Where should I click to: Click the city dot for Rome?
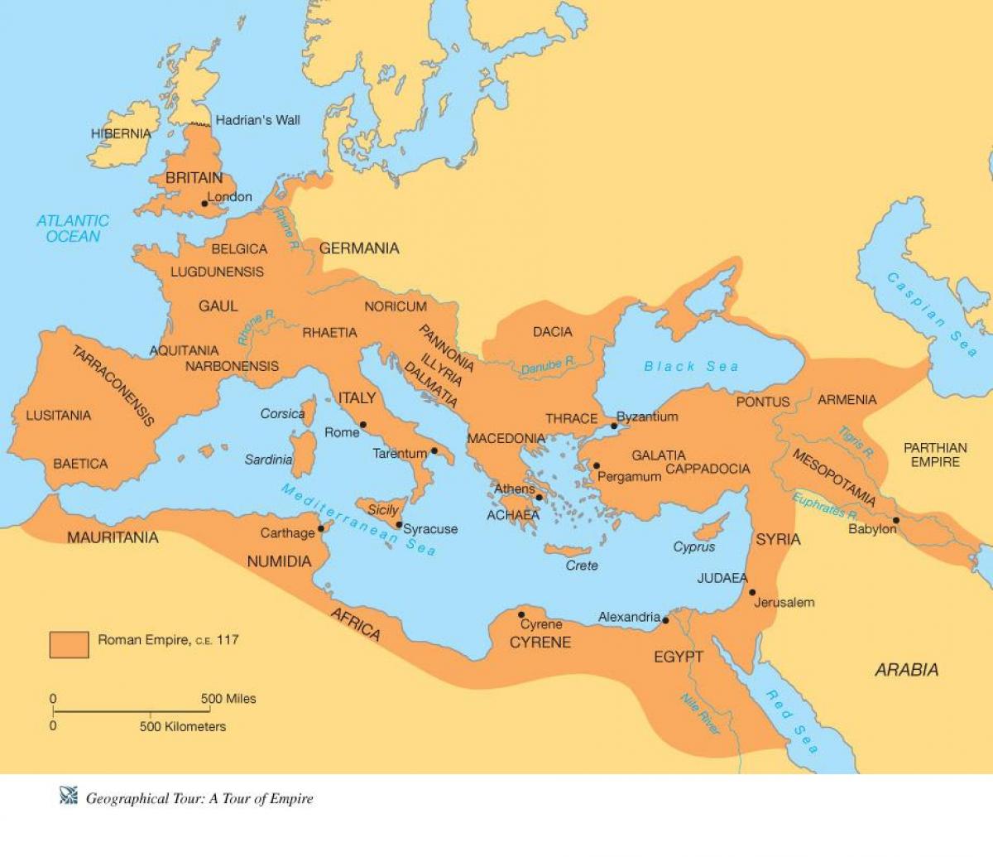(x=363, y=425)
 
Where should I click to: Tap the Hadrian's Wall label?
(x=257, y=120)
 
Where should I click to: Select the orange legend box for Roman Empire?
(x=69, y=644)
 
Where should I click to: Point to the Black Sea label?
(x=691, y=366)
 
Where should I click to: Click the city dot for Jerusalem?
(x=752, y=592)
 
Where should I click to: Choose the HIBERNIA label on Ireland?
(x=121, y=133)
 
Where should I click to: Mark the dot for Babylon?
(x=896, y=520)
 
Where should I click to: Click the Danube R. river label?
(x=548, y=366)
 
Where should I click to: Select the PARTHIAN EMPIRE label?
(x=935, y=455)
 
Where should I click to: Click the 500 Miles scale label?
(x=228, y=698)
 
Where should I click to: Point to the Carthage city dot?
(x=321, y=527)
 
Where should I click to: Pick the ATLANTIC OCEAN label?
(x=73, y=229)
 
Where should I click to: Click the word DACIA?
(x=552, y=332)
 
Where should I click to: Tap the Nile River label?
(x=700, y=713)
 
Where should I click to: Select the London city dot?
(x=204, y=203)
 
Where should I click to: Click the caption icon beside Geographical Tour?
(x=68, y=797)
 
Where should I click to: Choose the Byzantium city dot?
(x=613, y=426)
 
